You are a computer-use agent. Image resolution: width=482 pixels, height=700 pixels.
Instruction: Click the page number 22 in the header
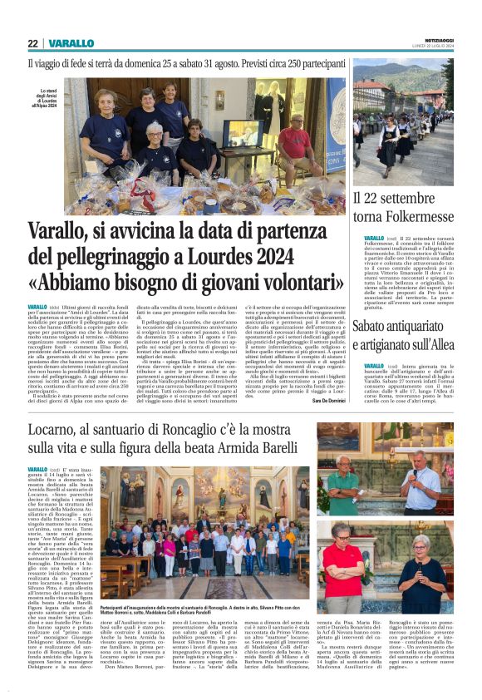point(32,43)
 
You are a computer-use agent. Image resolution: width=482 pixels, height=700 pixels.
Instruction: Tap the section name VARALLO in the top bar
point(71,43)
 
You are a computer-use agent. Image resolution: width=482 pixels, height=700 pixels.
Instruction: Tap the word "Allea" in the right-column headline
point(440,344)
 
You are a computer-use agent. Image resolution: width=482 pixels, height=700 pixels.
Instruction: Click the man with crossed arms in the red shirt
point(355,565)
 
